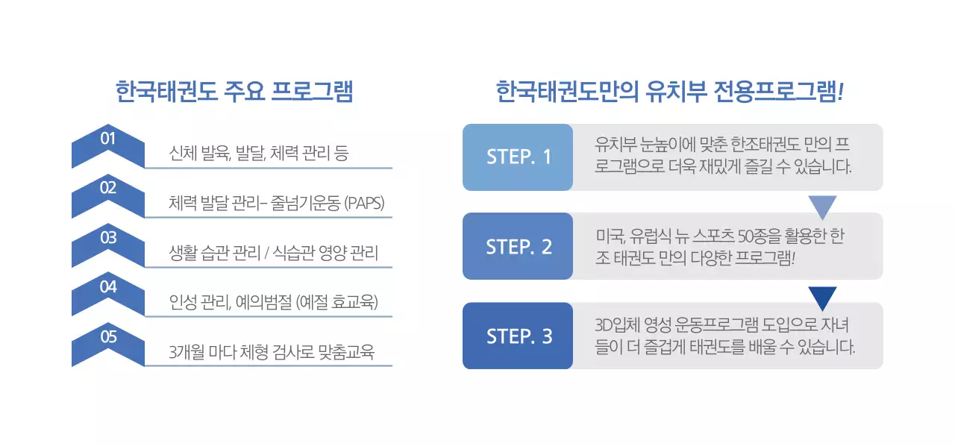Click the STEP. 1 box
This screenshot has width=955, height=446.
coord(519,157)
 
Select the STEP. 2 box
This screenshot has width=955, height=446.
coord(519,247)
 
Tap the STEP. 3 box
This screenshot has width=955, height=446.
coord(519,336)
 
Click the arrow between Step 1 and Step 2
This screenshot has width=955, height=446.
coord(822,207)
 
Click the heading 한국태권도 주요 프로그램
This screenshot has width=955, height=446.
coord(234,92)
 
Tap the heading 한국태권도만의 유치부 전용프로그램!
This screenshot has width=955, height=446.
coord(669,92)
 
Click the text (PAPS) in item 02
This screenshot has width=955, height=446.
coord(364,204)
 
